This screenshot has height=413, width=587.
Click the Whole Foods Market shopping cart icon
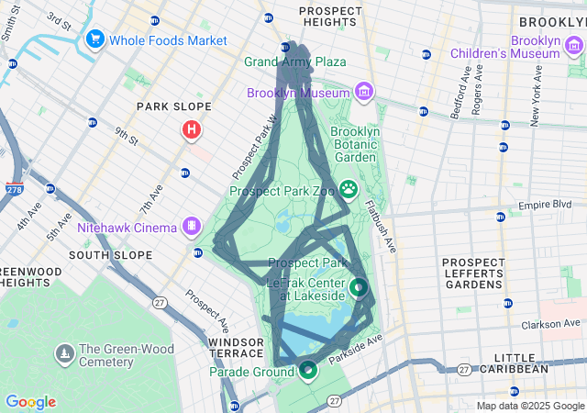(x=94, y=39)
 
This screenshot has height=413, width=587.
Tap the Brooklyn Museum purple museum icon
(x=365, y=92)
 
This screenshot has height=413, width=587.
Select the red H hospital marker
(x=191, y=130)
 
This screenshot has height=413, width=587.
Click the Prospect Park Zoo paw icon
(x=349, y=189)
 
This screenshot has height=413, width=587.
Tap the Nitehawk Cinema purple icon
(x=192, y=224)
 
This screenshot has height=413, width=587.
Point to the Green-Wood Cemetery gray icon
(x=64, y=353)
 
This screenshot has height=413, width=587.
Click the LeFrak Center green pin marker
(x=359, y=287)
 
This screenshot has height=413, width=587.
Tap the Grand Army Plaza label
(x=294, y=62)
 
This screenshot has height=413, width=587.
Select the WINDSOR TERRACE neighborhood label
(x=236, y=349)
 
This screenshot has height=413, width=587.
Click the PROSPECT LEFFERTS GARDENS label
(x=473, y=273)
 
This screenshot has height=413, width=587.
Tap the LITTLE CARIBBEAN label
(x=520, y=363)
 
